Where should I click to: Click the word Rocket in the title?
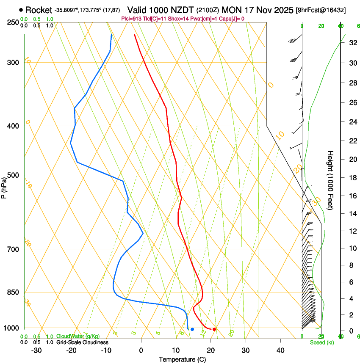coord(39,10)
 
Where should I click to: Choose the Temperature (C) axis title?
coord(182,359)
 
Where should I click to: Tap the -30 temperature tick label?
coord(36,350)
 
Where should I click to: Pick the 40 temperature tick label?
coord(280,350)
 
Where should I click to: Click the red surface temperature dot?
coord(214,329)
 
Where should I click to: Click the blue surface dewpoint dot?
coord(192,329)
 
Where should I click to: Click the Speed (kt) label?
coord(322,342)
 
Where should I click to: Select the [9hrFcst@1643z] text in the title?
coord(321,10)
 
